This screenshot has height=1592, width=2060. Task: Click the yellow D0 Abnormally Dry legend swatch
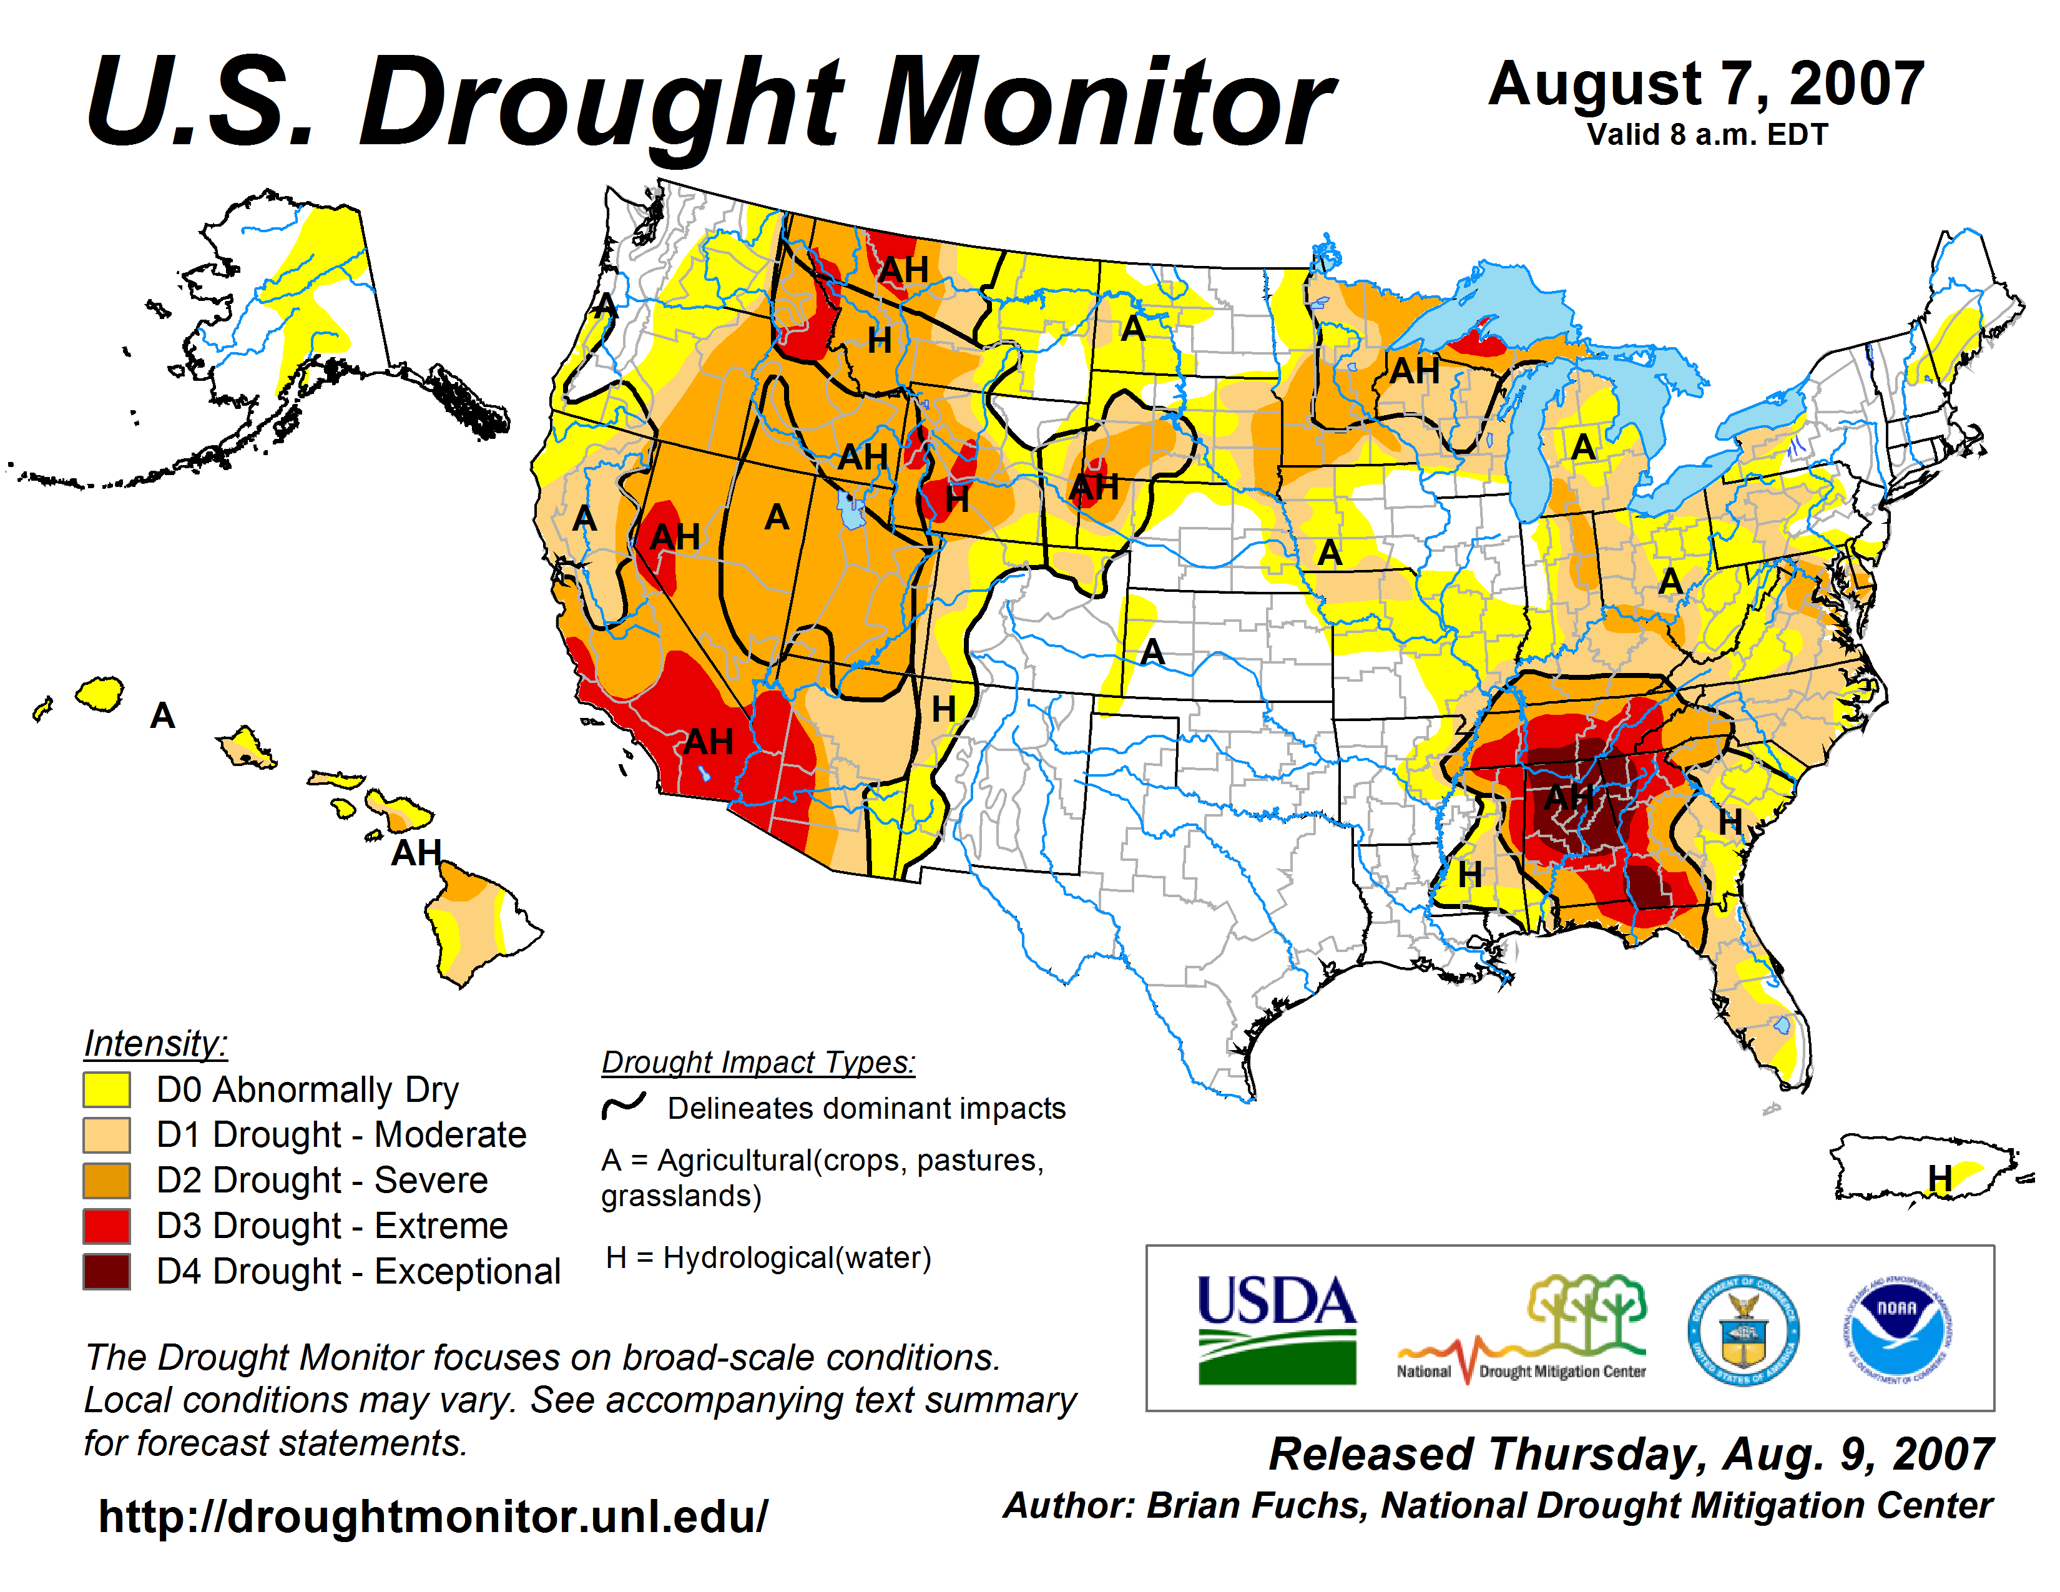107,1089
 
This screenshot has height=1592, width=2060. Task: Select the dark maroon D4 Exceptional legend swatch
107,1271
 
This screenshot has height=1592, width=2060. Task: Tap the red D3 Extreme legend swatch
107,1226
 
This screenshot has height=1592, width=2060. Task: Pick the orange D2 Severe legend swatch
107,1181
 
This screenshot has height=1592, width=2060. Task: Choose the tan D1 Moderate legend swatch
107,1134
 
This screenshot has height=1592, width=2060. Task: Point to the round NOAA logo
1897,1330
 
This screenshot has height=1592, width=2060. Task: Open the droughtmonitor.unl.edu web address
433,1516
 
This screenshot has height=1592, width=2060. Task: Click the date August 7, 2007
1705,85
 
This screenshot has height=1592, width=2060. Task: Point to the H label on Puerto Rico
1940,1178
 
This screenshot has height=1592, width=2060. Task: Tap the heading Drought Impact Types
758,1062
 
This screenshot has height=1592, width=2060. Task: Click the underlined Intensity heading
155,1044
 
